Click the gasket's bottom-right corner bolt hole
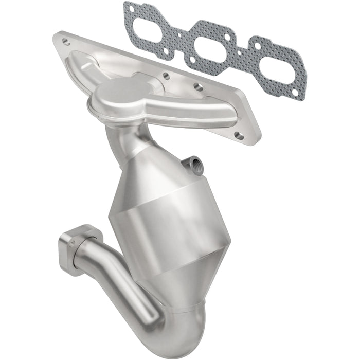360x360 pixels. (x=295, y=93)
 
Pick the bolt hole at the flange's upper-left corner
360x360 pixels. (x=65, y=39)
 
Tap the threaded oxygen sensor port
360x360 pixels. (x=196, y=165)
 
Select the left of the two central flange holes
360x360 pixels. (x=166, y=75)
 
